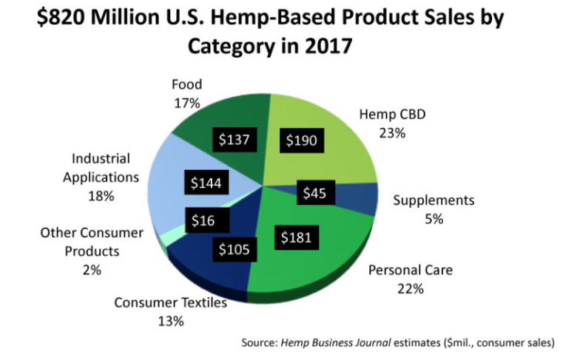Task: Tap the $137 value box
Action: [x=233, y=140]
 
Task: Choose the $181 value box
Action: [x=298, y=238]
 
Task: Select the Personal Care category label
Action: [x=410, y=270]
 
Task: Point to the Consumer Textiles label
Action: [x=170, y=302]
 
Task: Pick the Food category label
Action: [x=186, y=84]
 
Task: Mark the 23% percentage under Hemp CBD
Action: [x=392, y=132]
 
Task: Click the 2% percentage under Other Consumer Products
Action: [x=92, y=270]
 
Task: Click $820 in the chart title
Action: [x=63, y=18]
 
